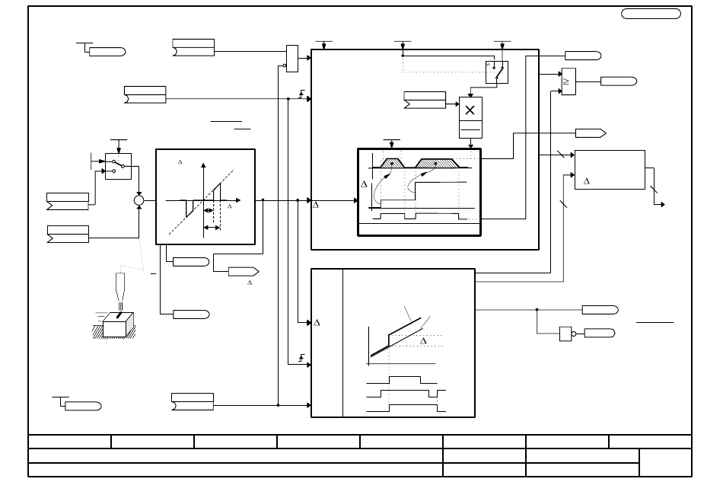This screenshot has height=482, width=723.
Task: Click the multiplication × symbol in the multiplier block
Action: pos(470,110)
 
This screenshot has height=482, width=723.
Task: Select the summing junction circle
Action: pos(139,200)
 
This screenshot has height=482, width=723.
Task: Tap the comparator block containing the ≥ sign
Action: pos(569,81)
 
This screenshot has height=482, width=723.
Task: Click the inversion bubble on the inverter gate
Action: pos(574,334)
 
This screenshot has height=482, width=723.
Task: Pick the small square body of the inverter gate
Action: pos(565,334)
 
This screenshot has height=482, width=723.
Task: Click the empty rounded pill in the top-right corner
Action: pos(651,14)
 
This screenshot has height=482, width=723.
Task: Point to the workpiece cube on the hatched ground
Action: pos(118,324)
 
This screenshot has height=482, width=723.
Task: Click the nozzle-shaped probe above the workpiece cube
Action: pos(120,287)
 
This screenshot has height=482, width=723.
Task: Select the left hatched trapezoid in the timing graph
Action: pos(392,163)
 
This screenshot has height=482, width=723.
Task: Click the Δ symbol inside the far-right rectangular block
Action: pos(587,181)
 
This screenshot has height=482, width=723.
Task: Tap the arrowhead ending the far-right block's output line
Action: pos(663,204)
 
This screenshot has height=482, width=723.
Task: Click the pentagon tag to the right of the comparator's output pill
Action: pos(591,133)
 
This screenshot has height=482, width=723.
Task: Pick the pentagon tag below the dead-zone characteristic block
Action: pos(244,272)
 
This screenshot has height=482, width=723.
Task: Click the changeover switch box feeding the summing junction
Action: pos(118,167)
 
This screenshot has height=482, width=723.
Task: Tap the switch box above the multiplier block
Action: pos(497,72)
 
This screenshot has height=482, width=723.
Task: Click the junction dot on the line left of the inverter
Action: pos(537,310)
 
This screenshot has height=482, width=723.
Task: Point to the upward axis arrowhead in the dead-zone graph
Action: pos(203,165)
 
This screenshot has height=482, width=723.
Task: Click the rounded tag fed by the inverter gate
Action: pos(600,333)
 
